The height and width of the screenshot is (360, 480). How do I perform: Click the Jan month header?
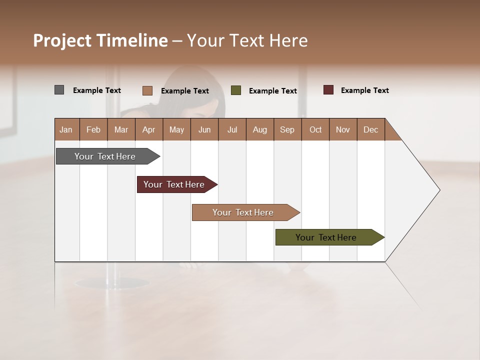click(66, 129)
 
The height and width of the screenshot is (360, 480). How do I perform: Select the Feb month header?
click(93, 129)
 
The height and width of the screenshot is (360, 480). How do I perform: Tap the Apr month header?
click(148, 129)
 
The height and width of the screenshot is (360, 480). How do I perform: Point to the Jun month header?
click(204, 129)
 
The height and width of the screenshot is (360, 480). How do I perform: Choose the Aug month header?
click(259, 129)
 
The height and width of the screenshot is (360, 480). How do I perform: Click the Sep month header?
click(287, 129)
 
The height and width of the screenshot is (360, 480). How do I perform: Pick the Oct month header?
click(315, 129)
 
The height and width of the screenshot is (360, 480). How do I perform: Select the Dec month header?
click(370, 129)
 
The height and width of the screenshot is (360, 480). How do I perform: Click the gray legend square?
click(59, 90)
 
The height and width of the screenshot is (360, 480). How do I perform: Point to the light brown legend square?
click(147, 90)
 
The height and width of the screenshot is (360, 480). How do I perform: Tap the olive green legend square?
click(236, 90)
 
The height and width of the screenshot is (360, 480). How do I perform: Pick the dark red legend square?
click(328, 90)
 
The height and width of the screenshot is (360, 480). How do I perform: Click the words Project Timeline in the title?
click(100, 40)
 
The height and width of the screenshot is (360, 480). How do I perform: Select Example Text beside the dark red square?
click(364, 90)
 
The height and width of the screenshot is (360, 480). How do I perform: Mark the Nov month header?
click(343, 129)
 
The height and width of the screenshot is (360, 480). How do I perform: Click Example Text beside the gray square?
click(97, 90)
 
